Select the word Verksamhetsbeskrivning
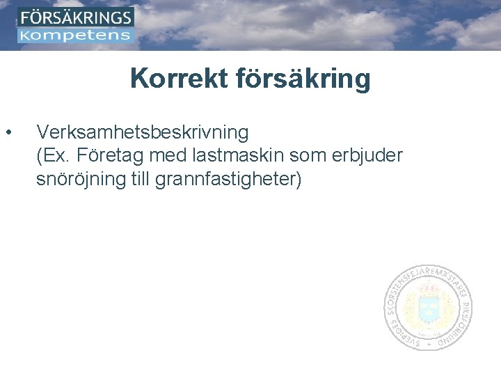[142, 132]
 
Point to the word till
[139, 180]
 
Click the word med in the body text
[166, 156]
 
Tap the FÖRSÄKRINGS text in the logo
[76, 17]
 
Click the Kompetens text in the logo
[76, 35]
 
